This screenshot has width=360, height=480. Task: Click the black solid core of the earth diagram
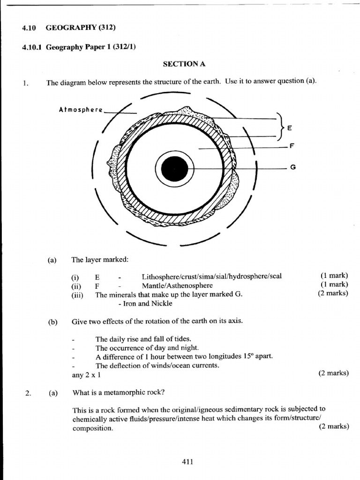tap(174, 168)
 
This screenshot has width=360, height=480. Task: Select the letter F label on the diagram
tap(292, 146)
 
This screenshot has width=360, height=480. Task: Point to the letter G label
tap(293, 167)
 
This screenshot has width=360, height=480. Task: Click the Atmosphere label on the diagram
tap(81, 110)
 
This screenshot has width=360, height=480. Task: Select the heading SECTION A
tap(184, 64)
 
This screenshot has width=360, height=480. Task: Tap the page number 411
tap(187, 462)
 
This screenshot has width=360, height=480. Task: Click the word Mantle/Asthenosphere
tap(177, 285)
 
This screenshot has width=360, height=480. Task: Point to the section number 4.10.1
tap(32, 46)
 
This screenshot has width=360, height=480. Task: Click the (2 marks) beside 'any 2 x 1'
tap(333, 373)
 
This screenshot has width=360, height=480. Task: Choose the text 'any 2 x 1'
tap(86, 375)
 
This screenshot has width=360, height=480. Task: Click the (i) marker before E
tap(75, 277)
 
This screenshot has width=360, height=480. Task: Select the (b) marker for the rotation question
tap(52, 322)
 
